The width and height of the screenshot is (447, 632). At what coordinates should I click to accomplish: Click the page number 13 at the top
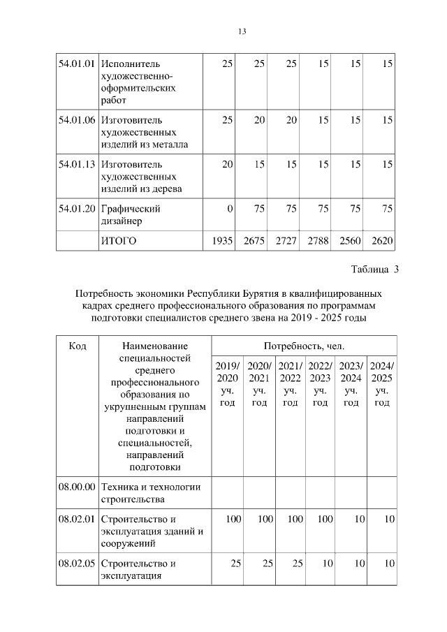tap(241, 31)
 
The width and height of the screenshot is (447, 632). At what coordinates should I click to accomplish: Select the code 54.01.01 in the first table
tap(77, 64)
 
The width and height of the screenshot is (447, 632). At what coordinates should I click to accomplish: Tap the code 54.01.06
tap(77, 120)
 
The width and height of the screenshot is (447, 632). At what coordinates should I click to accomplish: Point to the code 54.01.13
tap(77, 164)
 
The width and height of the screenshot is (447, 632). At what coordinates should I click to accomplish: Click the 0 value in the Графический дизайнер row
tap(229, 208)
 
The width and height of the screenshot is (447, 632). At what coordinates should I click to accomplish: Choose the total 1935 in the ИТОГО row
tap(221, 241)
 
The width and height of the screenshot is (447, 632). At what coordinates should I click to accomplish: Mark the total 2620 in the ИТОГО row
tap(383, 241)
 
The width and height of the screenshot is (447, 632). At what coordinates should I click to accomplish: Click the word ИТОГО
tap(119, 241)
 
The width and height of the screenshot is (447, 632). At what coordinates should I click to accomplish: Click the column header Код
tap(78, 346)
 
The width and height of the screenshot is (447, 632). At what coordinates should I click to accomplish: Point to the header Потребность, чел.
tap(304, 346)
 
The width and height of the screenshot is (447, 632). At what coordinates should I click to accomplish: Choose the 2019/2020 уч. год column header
tap(227, 384)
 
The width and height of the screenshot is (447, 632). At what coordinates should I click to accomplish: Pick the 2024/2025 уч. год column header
tap(382, 384)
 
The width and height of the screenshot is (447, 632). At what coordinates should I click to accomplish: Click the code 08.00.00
tap(77, 487)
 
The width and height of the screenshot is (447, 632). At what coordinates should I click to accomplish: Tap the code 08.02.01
tap(77, 519)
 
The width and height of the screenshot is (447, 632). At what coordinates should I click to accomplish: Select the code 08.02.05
tap(77, 564)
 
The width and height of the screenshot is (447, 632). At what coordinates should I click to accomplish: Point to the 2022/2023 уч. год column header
tap(320, 384)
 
